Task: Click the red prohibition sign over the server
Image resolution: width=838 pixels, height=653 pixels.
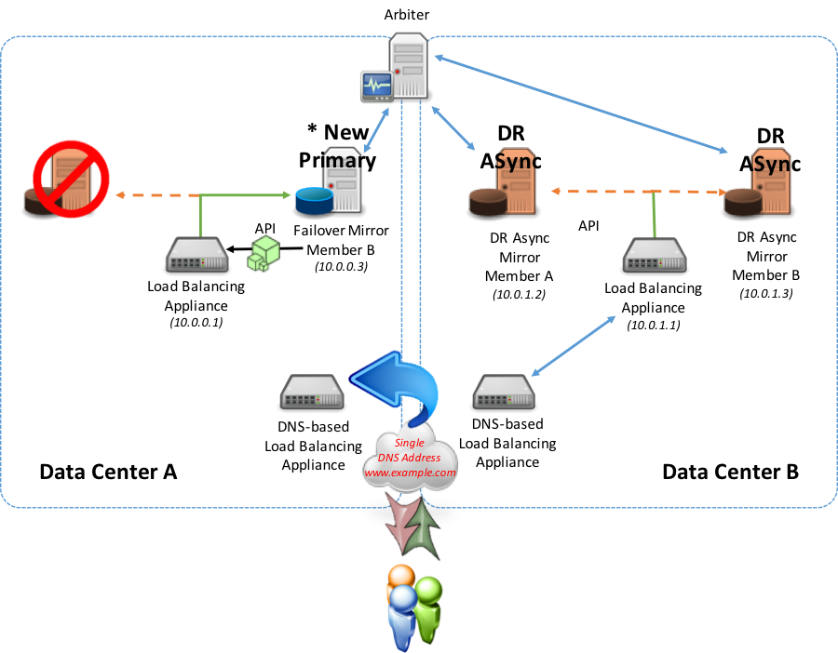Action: (x=71, y=179)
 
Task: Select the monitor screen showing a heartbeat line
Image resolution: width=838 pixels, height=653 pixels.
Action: (x=376, y=86)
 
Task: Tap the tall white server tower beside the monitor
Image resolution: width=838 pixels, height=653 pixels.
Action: (x=409, y=65)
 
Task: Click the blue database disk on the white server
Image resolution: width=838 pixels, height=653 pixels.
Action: (x=313, y=200)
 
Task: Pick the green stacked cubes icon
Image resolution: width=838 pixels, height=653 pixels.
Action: (x=264, y=253)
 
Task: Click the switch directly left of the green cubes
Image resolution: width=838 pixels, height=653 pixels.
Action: (x=196, y=255)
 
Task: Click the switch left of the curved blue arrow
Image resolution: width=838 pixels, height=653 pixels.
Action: (x=312, y=392)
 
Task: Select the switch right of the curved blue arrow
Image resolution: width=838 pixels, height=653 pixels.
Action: (x=504, y=392)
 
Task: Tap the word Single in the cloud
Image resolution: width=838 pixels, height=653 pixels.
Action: (x=409, y=443)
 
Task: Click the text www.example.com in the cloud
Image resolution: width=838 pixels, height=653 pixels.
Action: (x=410, y=473)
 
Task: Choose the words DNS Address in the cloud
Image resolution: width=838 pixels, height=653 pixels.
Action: (x=409, y=458)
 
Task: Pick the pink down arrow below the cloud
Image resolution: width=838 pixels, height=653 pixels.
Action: (x=400, y=525)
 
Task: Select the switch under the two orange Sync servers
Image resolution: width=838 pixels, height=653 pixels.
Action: (x=655, y=255)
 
